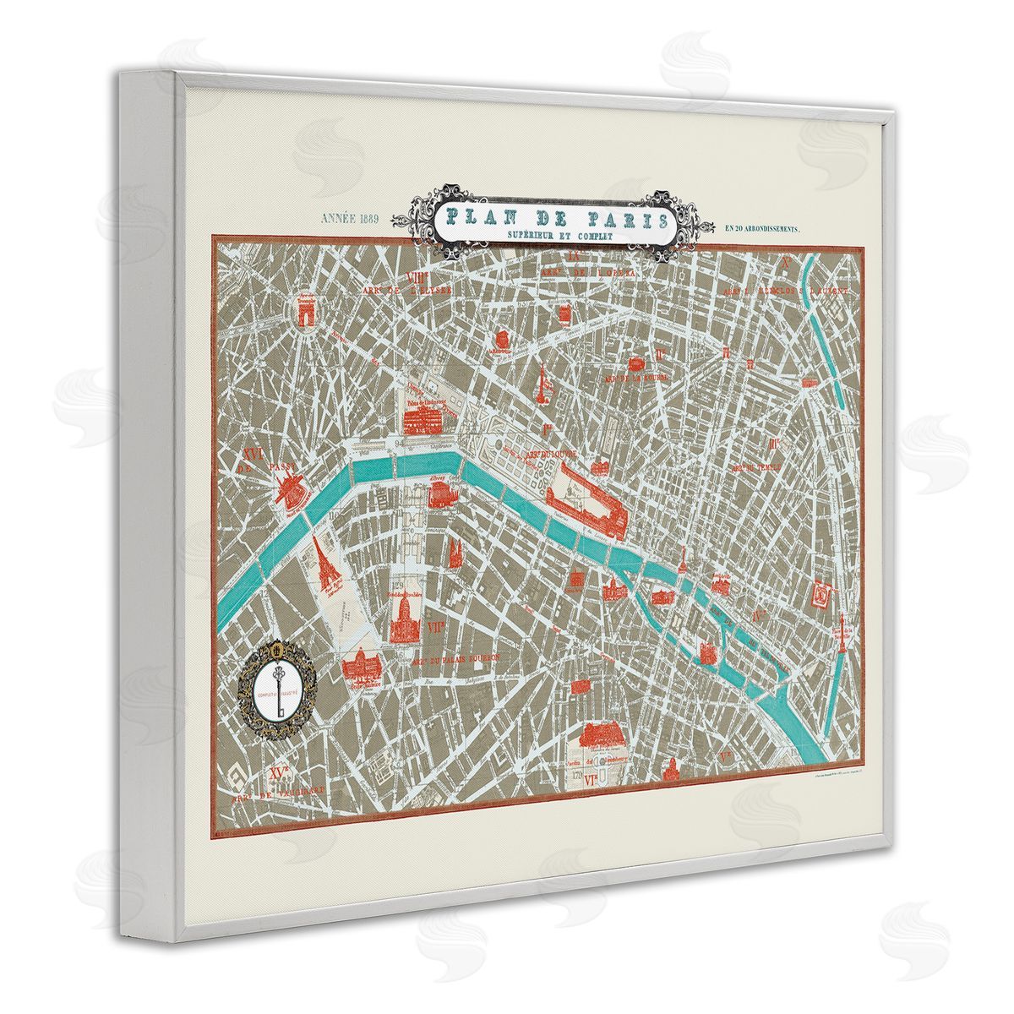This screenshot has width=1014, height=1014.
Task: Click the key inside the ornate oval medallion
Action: pyautogui.click(x=277, y=685)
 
